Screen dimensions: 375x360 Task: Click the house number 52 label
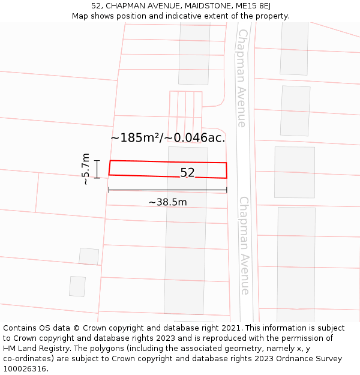coord(187,173)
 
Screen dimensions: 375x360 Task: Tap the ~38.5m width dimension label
coord(168,202)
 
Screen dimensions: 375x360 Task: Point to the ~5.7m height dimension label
coord(85,169)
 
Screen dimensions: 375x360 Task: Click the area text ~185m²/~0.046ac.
coord(168,137)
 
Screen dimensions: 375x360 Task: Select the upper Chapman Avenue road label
coord(241,78)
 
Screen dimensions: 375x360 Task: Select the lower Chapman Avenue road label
coord(244,245)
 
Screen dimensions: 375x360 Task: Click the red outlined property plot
coord(144,169)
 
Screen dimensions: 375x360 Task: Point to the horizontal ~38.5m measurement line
coord(168,191)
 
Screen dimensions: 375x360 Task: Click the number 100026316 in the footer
coord(25,369)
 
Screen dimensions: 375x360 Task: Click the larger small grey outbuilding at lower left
coord(89,256)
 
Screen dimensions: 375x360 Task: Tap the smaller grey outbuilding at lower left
coord(77,286)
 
